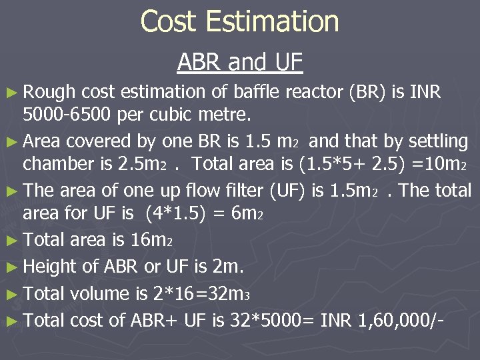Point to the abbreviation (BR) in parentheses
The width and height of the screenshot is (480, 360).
pyautogui.click(x=366, y=92)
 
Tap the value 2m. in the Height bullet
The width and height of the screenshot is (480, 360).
pyautogui.click(x=227, y=267)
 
